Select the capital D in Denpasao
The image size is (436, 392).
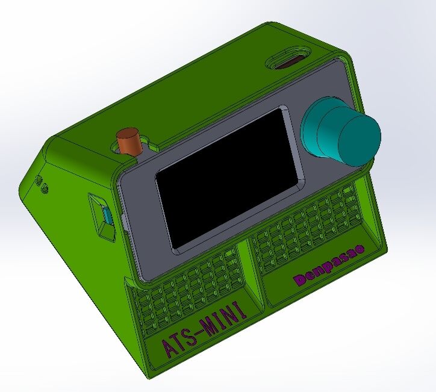[302, 279]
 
